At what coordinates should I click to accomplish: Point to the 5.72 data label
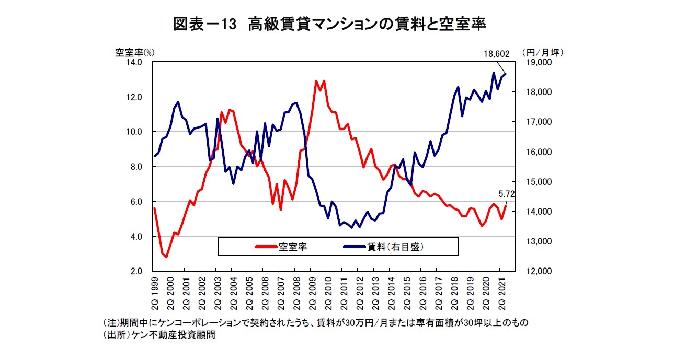(507, 194)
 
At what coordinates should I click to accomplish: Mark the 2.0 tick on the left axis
(136, 272)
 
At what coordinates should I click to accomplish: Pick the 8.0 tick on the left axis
(136, 167)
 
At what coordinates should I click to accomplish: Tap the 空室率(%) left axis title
(135, 52)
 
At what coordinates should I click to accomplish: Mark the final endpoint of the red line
(505, 206)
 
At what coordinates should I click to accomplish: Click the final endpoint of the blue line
(505, 74)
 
